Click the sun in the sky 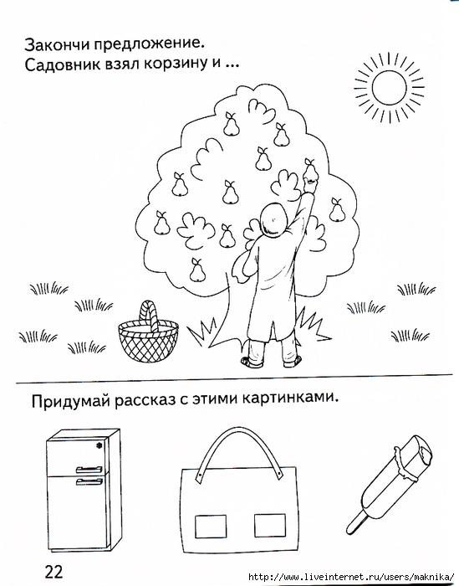coord(389,88)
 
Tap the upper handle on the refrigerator coord(89,470)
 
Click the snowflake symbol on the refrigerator coord(99,445)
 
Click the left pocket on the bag coord(211,527)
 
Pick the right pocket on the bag coord(270,526)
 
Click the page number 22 coord(54,571)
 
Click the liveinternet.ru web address coord(353,577)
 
